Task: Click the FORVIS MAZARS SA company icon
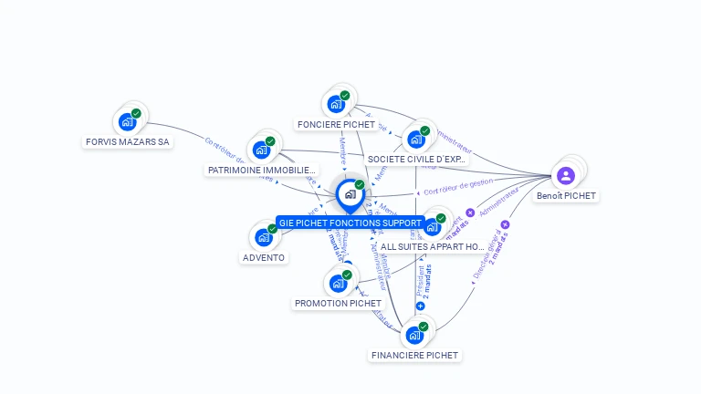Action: (127, 121)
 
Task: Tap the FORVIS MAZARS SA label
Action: (128, 142)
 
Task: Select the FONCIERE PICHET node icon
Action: (336, 103)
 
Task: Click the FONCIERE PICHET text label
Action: (337, 124)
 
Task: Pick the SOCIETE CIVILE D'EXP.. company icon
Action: (416, 139)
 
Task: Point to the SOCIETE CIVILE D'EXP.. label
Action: (417, 160)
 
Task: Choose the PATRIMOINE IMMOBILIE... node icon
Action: (261, 150)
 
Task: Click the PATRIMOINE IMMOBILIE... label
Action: (262, 171)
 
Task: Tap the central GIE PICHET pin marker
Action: (350, 194)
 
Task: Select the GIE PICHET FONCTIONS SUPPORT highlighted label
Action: (350, 223)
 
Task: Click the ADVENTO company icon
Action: (263, 237)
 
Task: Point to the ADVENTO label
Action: (264, 257)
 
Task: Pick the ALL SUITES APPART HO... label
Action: (433, 246)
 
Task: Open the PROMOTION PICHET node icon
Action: (338, 283)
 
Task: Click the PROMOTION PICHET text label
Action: (338, 303)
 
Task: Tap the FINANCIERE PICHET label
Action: (415, 355)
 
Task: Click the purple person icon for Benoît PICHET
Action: (566, 175)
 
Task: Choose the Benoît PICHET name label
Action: (566, 196)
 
